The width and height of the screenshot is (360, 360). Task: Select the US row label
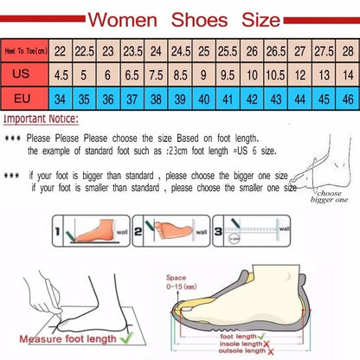coord(24,75)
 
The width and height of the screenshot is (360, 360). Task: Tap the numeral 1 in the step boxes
coord(57,233)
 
